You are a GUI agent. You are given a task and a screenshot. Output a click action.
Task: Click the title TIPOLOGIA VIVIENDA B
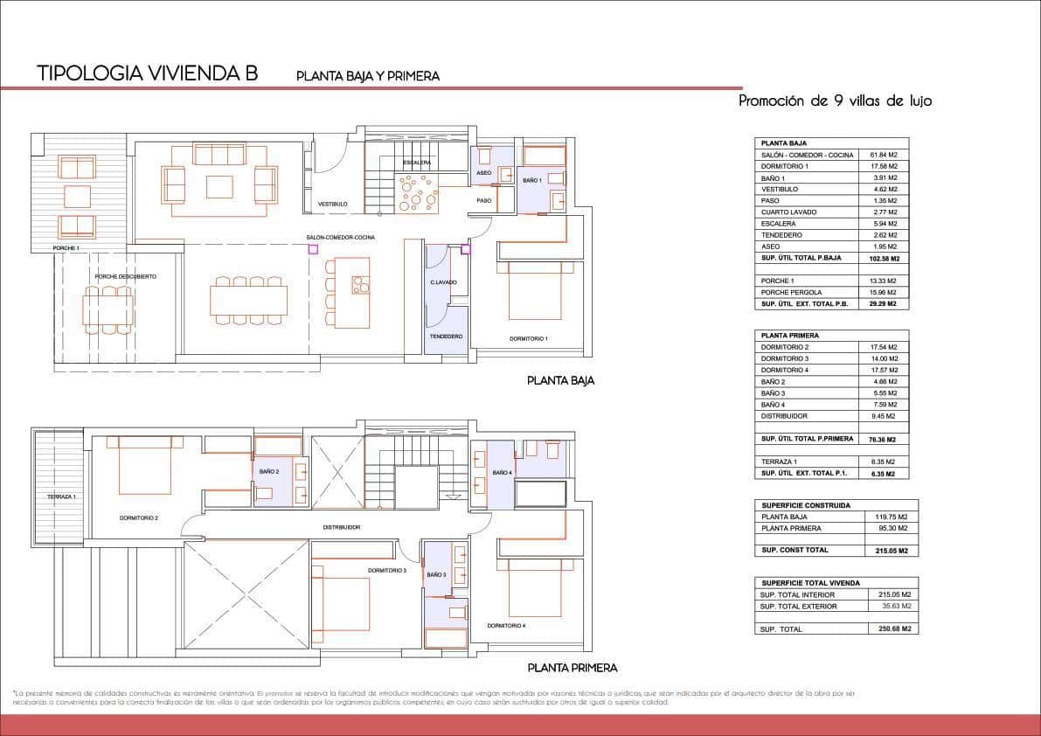click(148, 73)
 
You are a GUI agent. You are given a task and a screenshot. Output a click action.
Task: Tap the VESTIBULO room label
click(333, 204)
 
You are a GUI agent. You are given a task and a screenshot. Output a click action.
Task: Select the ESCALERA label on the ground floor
click(417, 163)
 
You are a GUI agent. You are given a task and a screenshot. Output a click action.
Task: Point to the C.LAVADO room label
click(443, 282)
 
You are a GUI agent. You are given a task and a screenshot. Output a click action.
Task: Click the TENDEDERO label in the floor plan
click(446, 337)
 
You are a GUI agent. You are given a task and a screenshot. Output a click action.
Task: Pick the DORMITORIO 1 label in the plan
click(529, 338)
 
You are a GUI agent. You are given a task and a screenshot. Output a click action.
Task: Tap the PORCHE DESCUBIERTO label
click(126, 276)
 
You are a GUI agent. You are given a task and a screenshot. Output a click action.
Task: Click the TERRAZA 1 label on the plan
click(62, 496)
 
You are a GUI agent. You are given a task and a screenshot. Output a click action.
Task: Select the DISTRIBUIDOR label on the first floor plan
click(341, 527)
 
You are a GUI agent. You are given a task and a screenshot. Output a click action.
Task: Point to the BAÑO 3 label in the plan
click(437, 575)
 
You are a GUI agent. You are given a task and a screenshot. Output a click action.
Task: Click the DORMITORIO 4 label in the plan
click(506, 626)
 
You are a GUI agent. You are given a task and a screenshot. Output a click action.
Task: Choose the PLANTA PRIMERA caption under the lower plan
click(573, 668)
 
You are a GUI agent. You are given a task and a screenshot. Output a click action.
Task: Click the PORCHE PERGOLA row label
click(792, 292)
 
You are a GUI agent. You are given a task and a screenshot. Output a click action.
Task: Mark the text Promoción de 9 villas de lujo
click(835, 101)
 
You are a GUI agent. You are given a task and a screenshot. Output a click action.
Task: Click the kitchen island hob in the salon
click(359, 284)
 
